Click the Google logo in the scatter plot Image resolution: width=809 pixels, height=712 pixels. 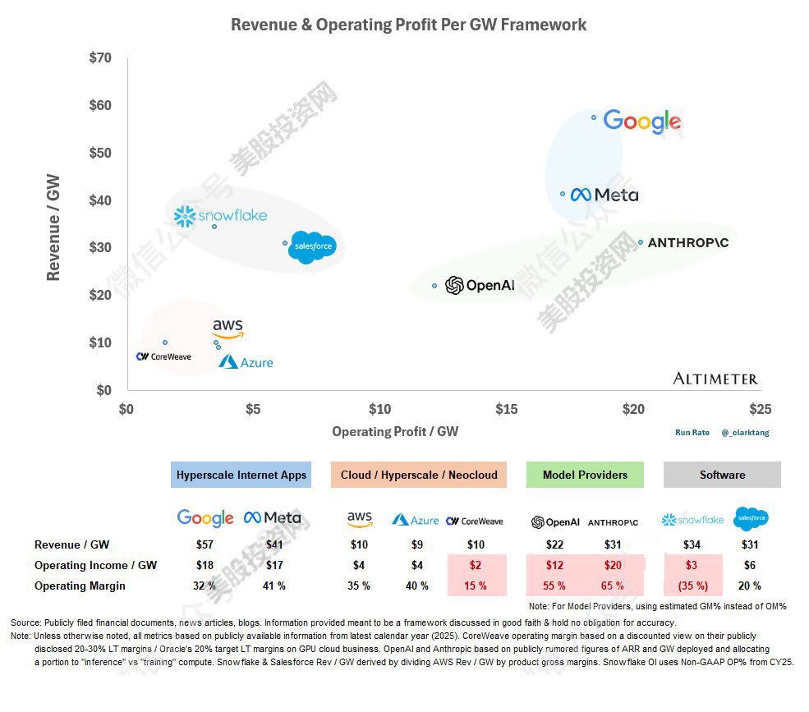tap(641, 122)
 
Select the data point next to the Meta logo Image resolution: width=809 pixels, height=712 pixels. tap(563, 195)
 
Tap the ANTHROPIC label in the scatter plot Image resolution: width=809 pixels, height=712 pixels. tap(687, 243)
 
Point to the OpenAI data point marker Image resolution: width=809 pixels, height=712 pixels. tap(434, 286)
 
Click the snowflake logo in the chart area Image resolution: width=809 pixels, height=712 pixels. tap(220, 216)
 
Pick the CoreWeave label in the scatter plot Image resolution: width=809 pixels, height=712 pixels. tap(163, 356)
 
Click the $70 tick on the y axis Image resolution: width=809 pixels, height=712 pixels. tap(100, 58)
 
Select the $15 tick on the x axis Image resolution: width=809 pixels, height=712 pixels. tap(506, 409)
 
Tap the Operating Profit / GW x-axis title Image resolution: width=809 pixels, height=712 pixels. tap(394, 431)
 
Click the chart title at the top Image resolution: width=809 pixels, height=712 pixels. tap(408, 25)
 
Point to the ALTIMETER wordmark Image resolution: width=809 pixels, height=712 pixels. tap(715, 379)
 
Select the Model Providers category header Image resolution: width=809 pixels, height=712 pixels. tap(584, 475)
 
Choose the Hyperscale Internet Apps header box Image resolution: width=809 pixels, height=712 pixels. tap(241, 475)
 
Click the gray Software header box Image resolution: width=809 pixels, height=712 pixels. tap(722, 475)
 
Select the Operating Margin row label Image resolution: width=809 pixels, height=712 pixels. tap(80, 586)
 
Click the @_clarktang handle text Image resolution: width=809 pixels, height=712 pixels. tap(745, 432)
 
